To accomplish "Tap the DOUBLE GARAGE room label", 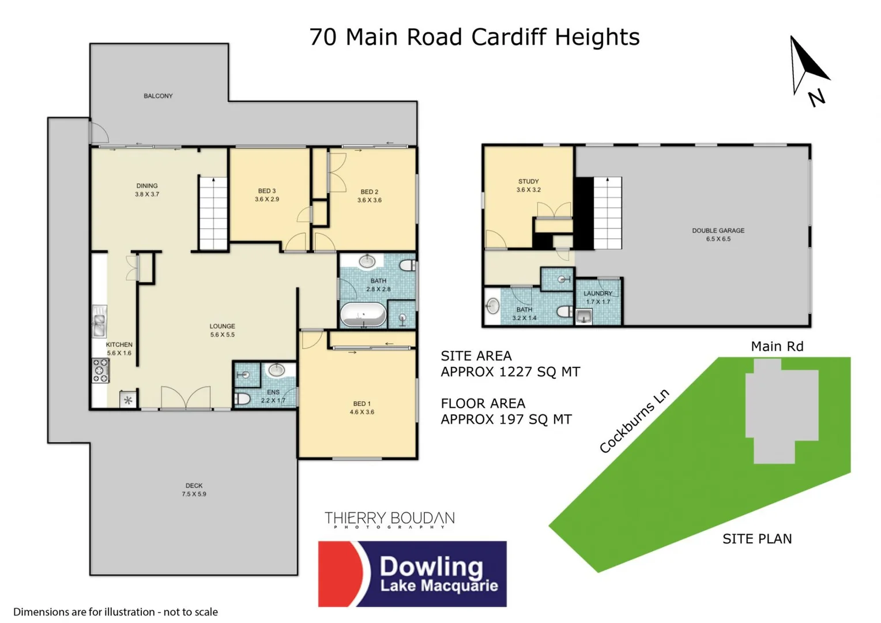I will click(x=718, y=234).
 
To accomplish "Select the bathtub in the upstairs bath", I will click(x=363, y=315).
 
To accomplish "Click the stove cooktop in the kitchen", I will click(x=100, y=370).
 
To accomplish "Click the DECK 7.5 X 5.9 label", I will click(x=194, y=490).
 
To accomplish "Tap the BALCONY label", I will click(x=158, y=96).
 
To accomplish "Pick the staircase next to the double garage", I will click(x=608, y=213).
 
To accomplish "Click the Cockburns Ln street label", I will click(x=634, y=421).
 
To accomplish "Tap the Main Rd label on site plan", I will click(x=777, y=346).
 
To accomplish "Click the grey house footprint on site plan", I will click(x=781, y=409).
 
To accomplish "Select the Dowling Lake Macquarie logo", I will click(x=412, y=573).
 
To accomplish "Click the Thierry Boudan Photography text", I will click(x=389, y=519).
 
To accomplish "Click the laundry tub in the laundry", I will click(x=584, y=316).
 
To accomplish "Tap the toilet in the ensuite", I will click(x=243, y=399).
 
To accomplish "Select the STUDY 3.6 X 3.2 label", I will click(x=528, y=185).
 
